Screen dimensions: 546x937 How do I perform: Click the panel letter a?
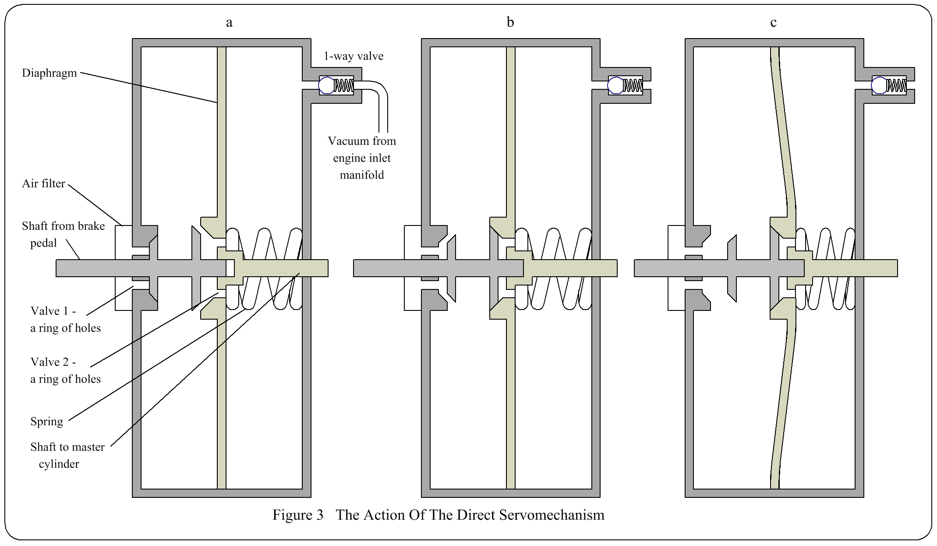pos(229,22)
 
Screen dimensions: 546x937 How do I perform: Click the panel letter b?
pos(510,22)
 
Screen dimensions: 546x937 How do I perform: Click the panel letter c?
pos(773,22)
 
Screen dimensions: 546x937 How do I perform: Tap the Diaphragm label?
pos(50,73)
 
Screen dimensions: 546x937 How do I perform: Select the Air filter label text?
pos(43,183)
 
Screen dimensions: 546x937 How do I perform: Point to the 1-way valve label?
pos(354,56)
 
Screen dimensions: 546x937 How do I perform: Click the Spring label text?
pos(46,422)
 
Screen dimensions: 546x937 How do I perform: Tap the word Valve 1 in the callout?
pos(50,311)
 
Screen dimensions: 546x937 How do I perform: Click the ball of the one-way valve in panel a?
pos(326,85)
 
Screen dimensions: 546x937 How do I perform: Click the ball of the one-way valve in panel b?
pos(615,85)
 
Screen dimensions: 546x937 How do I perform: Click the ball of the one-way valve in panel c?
pos(879,85)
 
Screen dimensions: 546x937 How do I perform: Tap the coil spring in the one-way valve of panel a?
pos(343,85)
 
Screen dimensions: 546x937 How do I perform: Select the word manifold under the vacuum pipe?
pos(362,175)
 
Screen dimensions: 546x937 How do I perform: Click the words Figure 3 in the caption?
pos(298,515)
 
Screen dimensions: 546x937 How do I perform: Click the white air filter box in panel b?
pos(412,268)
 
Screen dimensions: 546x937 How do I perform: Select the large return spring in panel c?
pos(826,268)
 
